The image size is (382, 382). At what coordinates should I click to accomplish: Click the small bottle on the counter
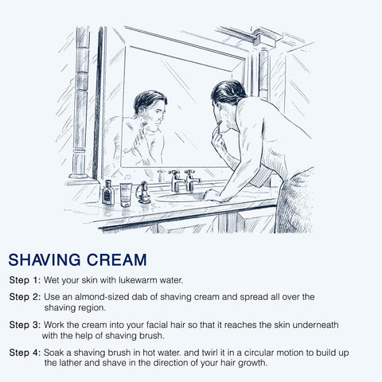pyautogui.click(x=108, y=193)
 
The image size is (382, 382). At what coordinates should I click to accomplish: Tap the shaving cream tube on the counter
pyautogui.click(x=126, y=195)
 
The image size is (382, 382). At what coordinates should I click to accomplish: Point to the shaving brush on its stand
pyautogui.click(x=143, y=193)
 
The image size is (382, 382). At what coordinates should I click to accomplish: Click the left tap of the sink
pyautogui.click(x=176, y=181)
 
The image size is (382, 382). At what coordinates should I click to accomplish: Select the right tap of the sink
pyautogui.click(x=192, y=181)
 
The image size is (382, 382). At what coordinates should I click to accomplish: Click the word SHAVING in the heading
pyautogui.click(x=45, y=259)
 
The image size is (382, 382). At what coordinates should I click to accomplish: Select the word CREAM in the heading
pyautogui.click(x=117, y=259)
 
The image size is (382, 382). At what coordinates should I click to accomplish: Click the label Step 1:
pyautogui.click(x=25, y=280)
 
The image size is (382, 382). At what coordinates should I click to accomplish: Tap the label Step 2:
pyautogui.click(x=25, y=297)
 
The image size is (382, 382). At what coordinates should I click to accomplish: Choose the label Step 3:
pyautogui.click(x=25, y=325)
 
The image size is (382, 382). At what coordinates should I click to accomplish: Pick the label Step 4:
pyautogui.click(x=25, y=353)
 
